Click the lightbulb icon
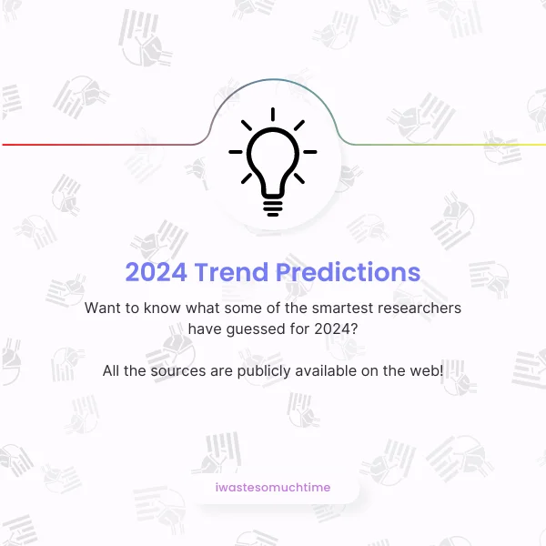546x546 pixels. (x=273, y=162)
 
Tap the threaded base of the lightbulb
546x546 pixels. (x=273, y=207)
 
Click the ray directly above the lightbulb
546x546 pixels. (x=273, y=115)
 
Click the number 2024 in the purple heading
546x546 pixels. (x=156, y=272)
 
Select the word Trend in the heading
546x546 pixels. (x=231, y=272)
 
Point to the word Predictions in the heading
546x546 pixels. (x=349, y=272)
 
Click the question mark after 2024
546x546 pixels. (x=354, y=329)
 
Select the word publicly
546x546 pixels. (x=264, y=371)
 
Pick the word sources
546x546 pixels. (x=178, y=371)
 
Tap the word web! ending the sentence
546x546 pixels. (x=427, y=370)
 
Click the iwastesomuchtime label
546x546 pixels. (x=273, y=487)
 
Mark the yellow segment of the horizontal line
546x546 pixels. (x=488, y=145)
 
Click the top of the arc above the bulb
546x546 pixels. (x=273, y=80)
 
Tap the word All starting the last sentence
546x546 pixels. (x=111, y=370)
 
